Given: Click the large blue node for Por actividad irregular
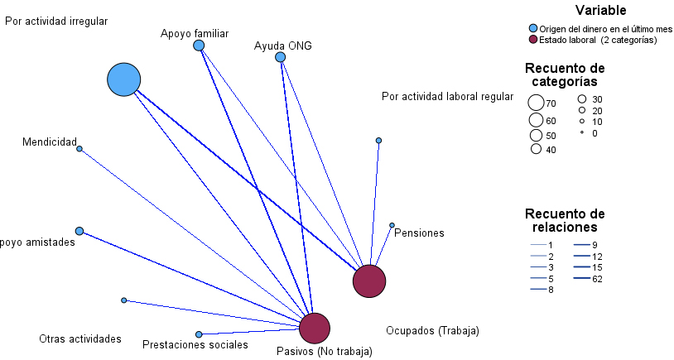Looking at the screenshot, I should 123,79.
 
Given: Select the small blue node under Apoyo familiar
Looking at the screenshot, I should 199,46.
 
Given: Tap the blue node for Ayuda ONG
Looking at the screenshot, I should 280,57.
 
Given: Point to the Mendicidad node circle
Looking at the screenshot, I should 79,149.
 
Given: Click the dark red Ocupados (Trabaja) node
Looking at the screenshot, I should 369,281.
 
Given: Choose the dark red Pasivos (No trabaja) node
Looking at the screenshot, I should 314,329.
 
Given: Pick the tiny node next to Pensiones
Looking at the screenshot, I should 392,225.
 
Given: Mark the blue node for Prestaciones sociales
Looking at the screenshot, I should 199,334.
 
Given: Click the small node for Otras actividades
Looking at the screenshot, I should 123,300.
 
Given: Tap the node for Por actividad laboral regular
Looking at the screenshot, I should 378,141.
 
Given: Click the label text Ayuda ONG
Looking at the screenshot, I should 283,46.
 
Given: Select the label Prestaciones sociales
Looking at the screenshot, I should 195,344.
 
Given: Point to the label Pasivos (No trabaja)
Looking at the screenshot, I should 324,351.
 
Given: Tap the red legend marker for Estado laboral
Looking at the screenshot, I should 533,39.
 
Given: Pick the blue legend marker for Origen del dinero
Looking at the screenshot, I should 533,29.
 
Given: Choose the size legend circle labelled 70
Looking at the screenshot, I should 536,103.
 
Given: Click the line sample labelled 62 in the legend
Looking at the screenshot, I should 580,279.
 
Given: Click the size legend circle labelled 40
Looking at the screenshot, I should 537,150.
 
